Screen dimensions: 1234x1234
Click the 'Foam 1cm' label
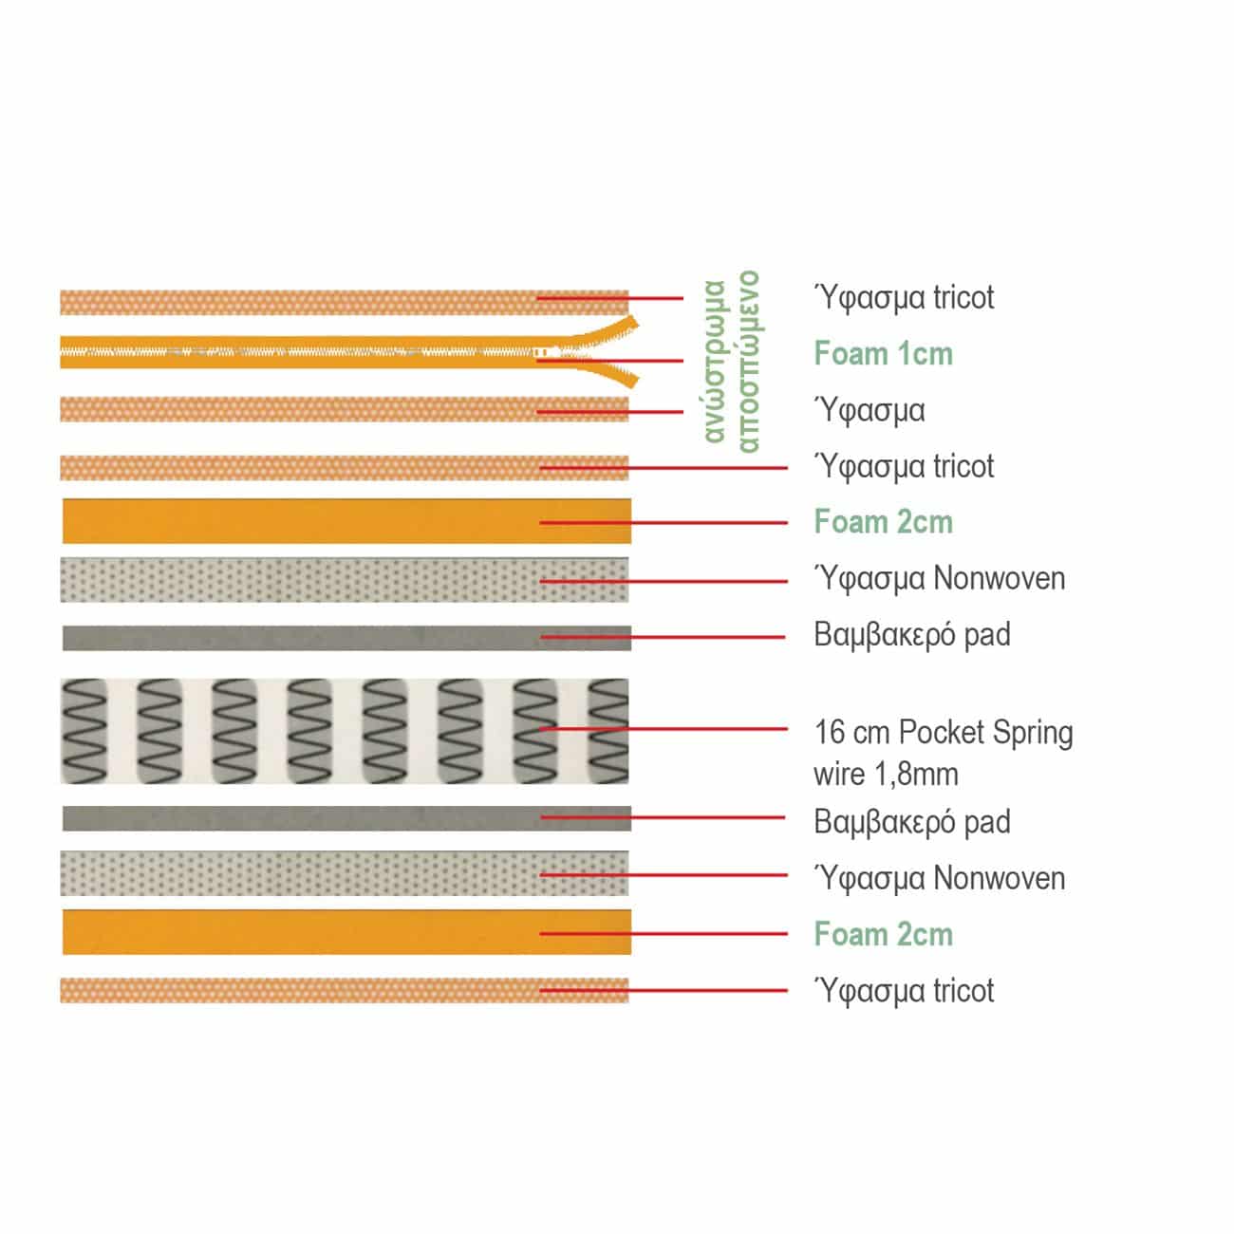[x=883, y=353]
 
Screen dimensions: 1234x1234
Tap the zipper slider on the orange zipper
[x=541, y=352]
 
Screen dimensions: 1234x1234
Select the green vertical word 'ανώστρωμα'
[x=715, y=361]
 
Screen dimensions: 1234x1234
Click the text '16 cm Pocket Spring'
[x=943, y=732]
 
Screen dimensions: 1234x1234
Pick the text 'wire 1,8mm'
[x=886, y=775]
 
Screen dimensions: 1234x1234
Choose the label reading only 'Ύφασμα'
[x=869, y=410]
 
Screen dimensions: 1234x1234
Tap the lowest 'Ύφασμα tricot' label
[x=904, y=991]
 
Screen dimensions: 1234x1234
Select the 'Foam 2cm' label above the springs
[x=883, y=522]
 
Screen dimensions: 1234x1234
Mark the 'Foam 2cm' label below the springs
[x=883, y=934]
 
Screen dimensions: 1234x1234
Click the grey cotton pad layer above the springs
[x=346, y=638]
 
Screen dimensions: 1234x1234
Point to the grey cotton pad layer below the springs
[x=346, y=817]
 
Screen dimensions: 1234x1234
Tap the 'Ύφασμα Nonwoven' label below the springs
[x=939, y=878]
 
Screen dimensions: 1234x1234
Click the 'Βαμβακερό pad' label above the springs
[x=911, y=635]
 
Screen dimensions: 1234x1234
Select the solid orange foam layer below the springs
[x=346, y=932]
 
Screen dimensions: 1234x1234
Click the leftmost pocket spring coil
[x=84, y=731]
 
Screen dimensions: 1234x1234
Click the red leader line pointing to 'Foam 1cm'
[x=610, y=361]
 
